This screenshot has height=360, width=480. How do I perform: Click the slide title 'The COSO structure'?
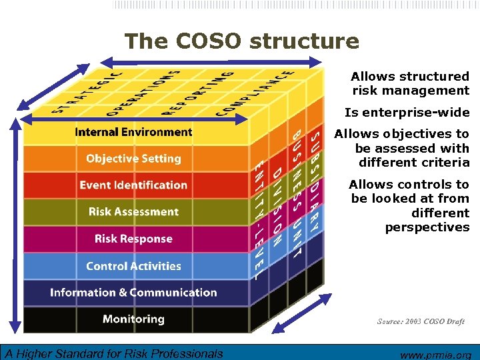pyautogui.click(x=241, y=41)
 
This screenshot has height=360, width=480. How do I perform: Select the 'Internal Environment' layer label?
pyautogui.click(x=133, y=132)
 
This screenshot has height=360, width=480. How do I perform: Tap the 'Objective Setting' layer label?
pyautogui.click(x=133, y=159)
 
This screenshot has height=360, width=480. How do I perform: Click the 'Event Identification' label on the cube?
pyautogui.click(x=133, y=185)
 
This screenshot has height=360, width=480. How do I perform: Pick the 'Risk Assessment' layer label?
pyautogui.click(x=133, y=212)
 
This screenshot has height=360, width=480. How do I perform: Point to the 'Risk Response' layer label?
pyautogui.click(x=133, y=239)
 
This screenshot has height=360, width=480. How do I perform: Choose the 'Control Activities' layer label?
pyautogui.click(x=133, y=266)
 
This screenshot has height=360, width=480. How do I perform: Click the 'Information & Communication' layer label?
pyautogui.click(x=133, y=293)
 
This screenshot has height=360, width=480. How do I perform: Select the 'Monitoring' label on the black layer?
pyautogui.click(x=133, y=319)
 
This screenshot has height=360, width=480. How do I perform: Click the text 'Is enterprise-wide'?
pyautogui.click(x=407, y=112)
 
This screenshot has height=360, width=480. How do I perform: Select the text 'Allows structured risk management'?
pyautogui.click(x=410, y=83)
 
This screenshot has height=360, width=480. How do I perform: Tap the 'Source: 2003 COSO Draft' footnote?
pyautogui.click(x=421, y=321)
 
